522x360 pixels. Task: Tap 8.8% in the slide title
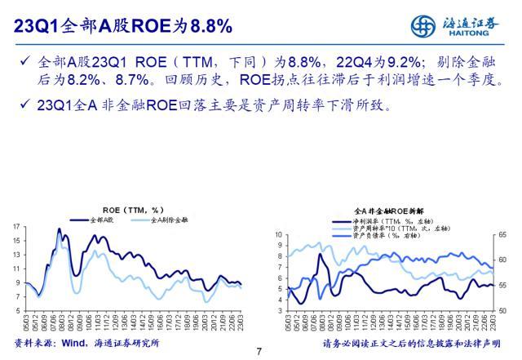click(210, 26)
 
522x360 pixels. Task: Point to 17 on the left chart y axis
click(16, 226)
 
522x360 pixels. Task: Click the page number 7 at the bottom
click(259, 352)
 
